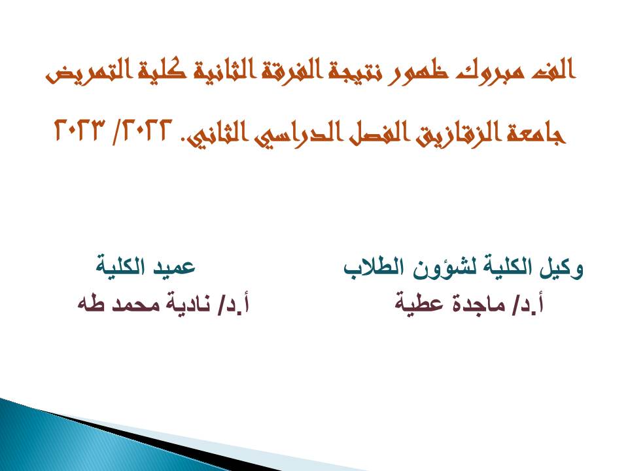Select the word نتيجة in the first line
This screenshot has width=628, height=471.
coord(348,71)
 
